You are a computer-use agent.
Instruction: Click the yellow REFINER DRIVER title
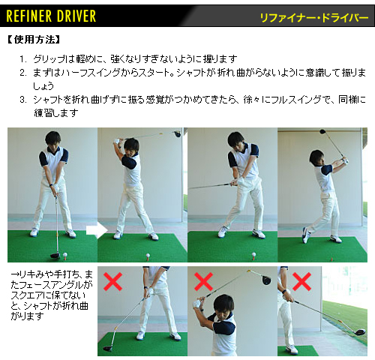click(51, 16)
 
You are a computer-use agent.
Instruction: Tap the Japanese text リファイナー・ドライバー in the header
click(314, 18)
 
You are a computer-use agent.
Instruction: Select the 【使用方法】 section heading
click(34, 40)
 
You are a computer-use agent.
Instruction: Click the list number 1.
click(23, 59)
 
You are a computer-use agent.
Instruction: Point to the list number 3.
click(23, 100)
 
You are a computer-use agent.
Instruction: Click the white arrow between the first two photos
click(97, 230)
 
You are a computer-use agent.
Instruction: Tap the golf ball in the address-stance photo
click(65, 255)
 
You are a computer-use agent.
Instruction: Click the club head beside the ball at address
click(55, 256)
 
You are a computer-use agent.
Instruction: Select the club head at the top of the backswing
click(178, 133)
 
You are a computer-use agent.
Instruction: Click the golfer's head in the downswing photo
click(235, 140)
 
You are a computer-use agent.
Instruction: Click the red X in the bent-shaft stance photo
click(112, 282)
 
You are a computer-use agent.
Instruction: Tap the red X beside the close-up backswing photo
click(203, 282)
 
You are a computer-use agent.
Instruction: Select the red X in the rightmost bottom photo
click(301, 282)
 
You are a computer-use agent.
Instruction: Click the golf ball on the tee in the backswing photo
click(148, 256)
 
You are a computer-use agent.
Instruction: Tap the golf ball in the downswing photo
click(254, 255)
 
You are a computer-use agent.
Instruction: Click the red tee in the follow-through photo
click(332, 259)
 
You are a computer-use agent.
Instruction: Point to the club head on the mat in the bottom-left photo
click(108, 348)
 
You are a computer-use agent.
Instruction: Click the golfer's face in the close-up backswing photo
click(224, 309)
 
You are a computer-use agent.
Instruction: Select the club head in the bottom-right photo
click(359, 331)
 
